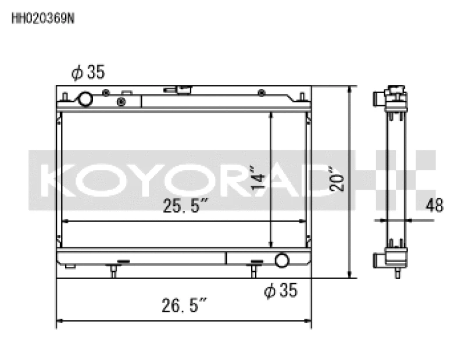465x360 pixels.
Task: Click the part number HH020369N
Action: click(43, 17)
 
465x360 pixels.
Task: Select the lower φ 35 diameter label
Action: click(280, 290)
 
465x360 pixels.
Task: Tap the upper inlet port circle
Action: click(85, 99)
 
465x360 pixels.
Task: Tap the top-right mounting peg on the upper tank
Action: click(302, 96)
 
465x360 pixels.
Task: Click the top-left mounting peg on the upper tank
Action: click(65, 96)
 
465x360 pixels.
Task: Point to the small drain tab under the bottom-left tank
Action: click(70, 267)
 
